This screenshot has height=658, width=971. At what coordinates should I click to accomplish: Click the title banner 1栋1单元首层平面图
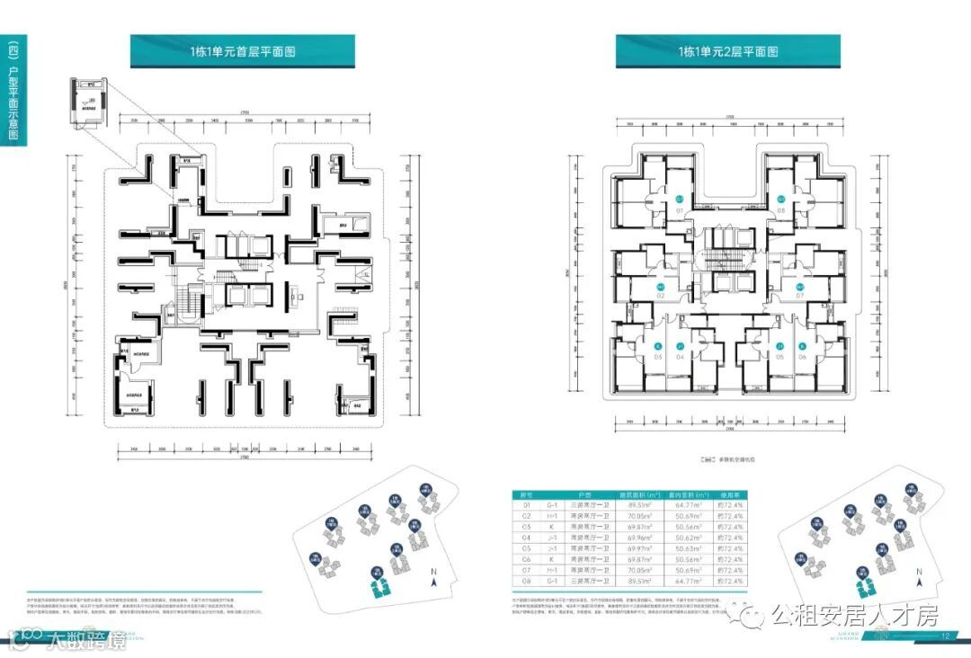243,51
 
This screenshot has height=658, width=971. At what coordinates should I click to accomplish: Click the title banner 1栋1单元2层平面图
727,51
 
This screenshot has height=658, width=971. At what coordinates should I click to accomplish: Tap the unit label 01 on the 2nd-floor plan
681,211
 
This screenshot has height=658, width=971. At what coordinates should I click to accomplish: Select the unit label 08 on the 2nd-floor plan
781,211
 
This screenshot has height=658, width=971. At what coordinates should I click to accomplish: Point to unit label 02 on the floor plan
661,296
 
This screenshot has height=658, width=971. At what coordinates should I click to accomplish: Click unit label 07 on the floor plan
799,296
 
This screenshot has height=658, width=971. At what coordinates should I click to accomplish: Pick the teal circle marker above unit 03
657,345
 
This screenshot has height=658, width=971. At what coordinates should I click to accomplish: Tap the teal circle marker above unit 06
802,345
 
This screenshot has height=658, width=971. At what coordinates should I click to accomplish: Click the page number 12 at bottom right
945,636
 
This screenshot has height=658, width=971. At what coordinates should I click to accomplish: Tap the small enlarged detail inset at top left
91,101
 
